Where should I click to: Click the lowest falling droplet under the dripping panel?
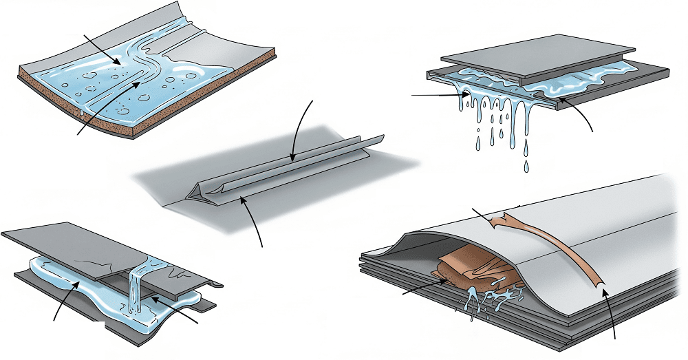[x=526, y=167]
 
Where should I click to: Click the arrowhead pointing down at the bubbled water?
[x=121, y=65]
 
